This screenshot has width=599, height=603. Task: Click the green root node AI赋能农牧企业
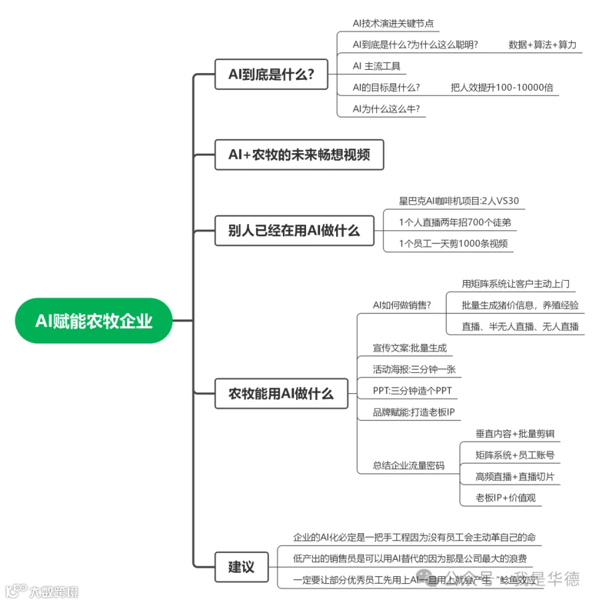point(94,321)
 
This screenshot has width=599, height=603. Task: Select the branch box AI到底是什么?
point(272,74)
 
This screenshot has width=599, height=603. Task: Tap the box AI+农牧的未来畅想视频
point(299,154)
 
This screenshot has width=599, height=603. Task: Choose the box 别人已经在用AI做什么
point(294,230)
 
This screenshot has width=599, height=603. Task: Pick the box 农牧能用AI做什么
point(281,393)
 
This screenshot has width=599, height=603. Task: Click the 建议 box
point(242,567)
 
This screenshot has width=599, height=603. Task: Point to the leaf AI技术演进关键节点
point(393,24)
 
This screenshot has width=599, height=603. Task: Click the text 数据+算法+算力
point(542,45)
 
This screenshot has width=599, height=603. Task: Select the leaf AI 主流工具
point(377,67)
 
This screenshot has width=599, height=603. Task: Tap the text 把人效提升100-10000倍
point(502,88)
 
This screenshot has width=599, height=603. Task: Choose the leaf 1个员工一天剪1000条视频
point(453,244)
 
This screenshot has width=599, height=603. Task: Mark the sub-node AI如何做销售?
point(401,305)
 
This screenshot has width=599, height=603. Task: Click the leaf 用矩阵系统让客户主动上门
point(516,284)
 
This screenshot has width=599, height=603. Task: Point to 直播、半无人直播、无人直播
point(520,326)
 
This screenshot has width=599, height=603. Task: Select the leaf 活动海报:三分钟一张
point(413,369)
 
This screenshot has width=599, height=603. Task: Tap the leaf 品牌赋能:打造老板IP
point(413,413)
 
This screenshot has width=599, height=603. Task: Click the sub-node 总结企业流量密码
point(409,466)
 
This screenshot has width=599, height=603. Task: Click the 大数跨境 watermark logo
point(41,591)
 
